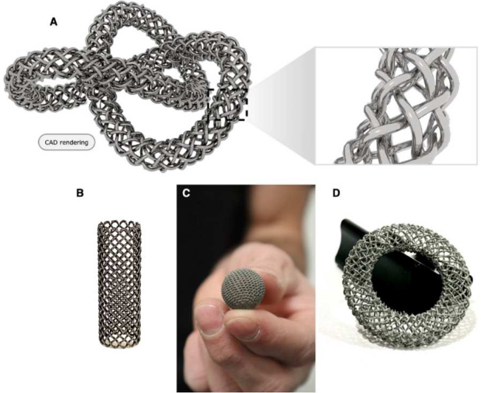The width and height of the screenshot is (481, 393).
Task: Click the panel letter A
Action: coord(54,22)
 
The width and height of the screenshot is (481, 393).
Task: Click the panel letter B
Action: coord(80,193)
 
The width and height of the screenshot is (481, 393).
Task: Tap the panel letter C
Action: coord(186,193)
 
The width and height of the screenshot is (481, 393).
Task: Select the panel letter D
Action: coord(336,193)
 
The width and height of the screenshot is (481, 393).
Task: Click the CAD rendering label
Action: coord(66,142)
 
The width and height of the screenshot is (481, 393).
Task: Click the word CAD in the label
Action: coord(51,142)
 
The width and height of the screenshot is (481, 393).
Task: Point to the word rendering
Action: coord(73,142)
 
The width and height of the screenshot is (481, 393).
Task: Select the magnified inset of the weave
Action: coord(396,105)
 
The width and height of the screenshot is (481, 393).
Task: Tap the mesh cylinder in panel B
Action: coord(119,285)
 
